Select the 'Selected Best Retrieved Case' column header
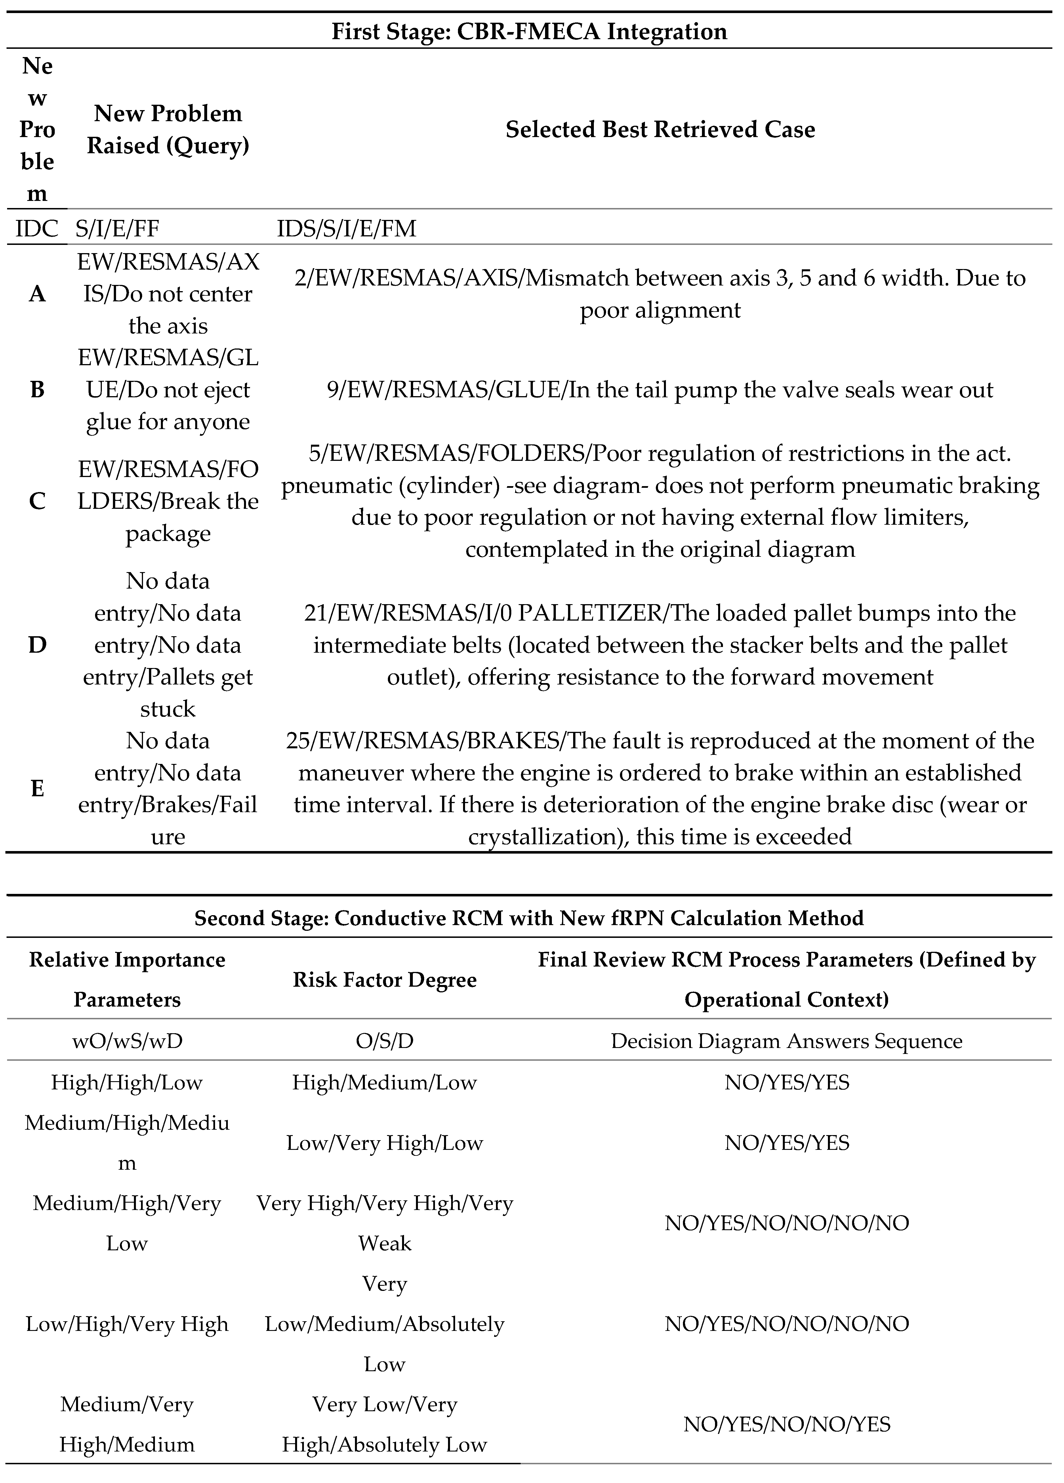pos(660,129)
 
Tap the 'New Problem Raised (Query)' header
pos(168,129)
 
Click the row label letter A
pos(37,294)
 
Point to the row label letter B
pos(37,390)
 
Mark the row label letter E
pos(37,789)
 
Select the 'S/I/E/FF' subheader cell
pos(118,229)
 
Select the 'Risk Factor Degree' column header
pos(384,980)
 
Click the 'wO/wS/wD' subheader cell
pos(127,1041)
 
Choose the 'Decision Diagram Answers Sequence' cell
pos(787,1041)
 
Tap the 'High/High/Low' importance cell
pos(127,1082)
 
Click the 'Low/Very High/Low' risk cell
pos(384,1143)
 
